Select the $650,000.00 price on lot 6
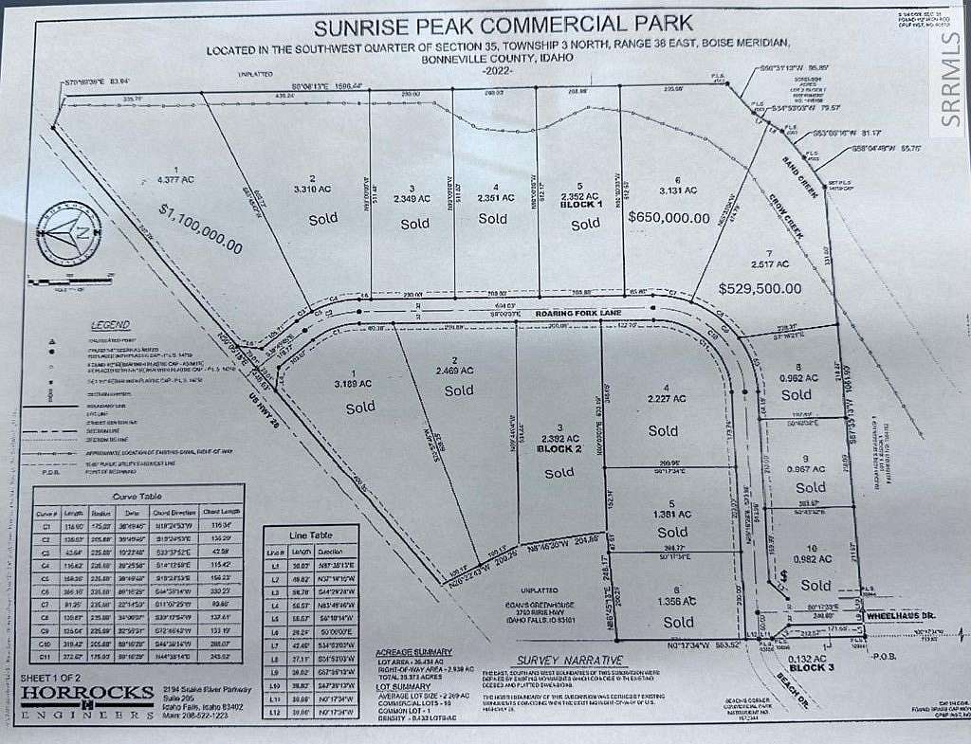pyautogui.click(x=669, y=217)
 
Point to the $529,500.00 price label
pyautogui.click(x=760, y=287)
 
